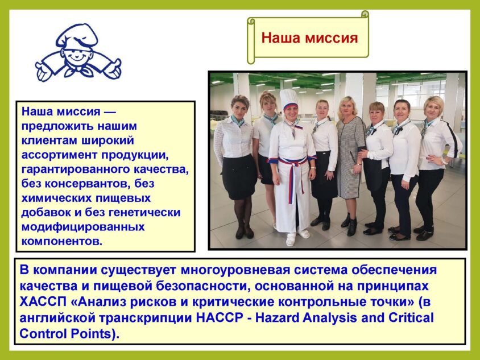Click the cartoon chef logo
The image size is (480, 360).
(x=78, y=53)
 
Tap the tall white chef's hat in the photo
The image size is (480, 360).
(x=289, y=99)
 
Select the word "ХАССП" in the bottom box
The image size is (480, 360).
(x=43, y=302)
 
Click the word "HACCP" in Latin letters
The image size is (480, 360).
(x=218, y=318)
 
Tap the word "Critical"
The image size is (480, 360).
(x=411, y=318)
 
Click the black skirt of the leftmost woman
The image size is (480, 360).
(x=239, y=177)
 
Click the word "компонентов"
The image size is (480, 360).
(x=61, y=242)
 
